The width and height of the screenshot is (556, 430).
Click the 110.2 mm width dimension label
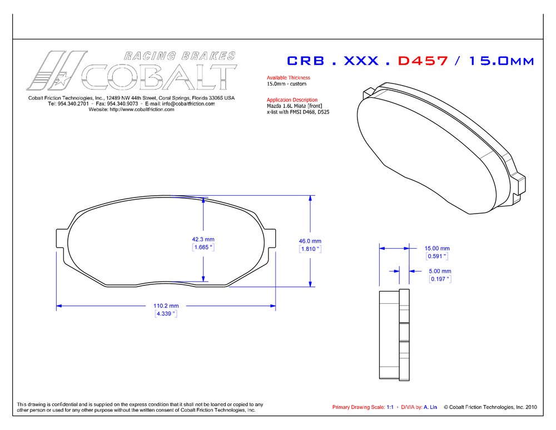(166, 305)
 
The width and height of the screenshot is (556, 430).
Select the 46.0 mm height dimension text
(310, 241)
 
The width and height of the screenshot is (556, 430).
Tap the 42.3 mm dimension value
(203, 239)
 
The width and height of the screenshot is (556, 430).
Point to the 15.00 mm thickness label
(437, 248)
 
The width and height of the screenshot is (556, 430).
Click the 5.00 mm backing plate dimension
(440, 271)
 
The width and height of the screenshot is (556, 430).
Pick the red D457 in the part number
(423, 61)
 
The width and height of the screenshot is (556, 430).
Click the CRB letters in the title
(305, 61)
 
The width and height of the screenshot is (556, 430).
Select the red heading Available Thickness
(288, 78)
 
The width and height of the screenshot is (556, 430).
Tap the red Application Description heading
(292, 100)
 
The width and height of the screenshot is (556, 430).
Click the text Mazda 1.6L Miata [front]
(294, 106)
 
